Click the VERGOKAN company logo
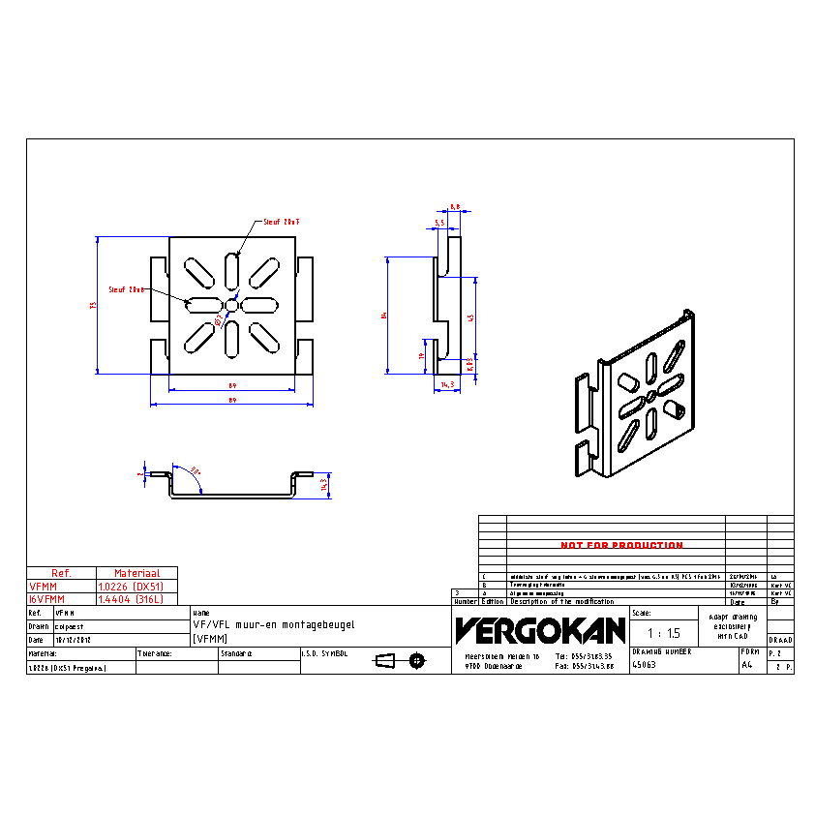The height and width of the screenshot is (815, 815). tap(540, 631)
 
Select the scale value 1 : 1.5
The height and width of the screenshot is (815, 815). tap(663, 633)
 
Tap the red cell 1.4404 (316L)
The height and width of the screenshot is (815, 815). tap(131, 600)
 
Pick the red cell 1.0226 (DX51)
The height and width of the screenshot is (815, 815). tap(131, 587)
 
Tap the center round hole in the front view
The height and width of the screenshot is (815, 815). tap(232, 305)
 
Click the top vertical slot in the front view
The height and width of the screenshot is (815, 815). tap(232, 270)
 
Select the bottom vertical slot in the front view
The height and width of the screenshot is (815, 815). tap(232, 339)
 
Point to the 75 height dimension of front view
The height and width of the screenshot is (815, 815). tap(93, 305)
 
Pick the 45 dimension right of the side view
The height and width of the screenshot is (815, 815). tap(471, 317)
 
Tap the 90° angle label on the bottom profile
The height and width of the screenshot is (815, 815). tap(196, 469)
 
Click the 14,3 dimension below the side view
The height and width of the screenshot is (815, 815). tap(447, 385)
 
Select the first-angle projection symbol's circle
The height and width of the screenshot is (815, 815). tap(417, 661)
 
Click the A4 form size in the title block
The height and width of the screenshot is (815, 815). tap(746, 666)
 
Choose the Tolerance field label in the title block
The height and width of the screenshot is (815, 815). tap(155, 653)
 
